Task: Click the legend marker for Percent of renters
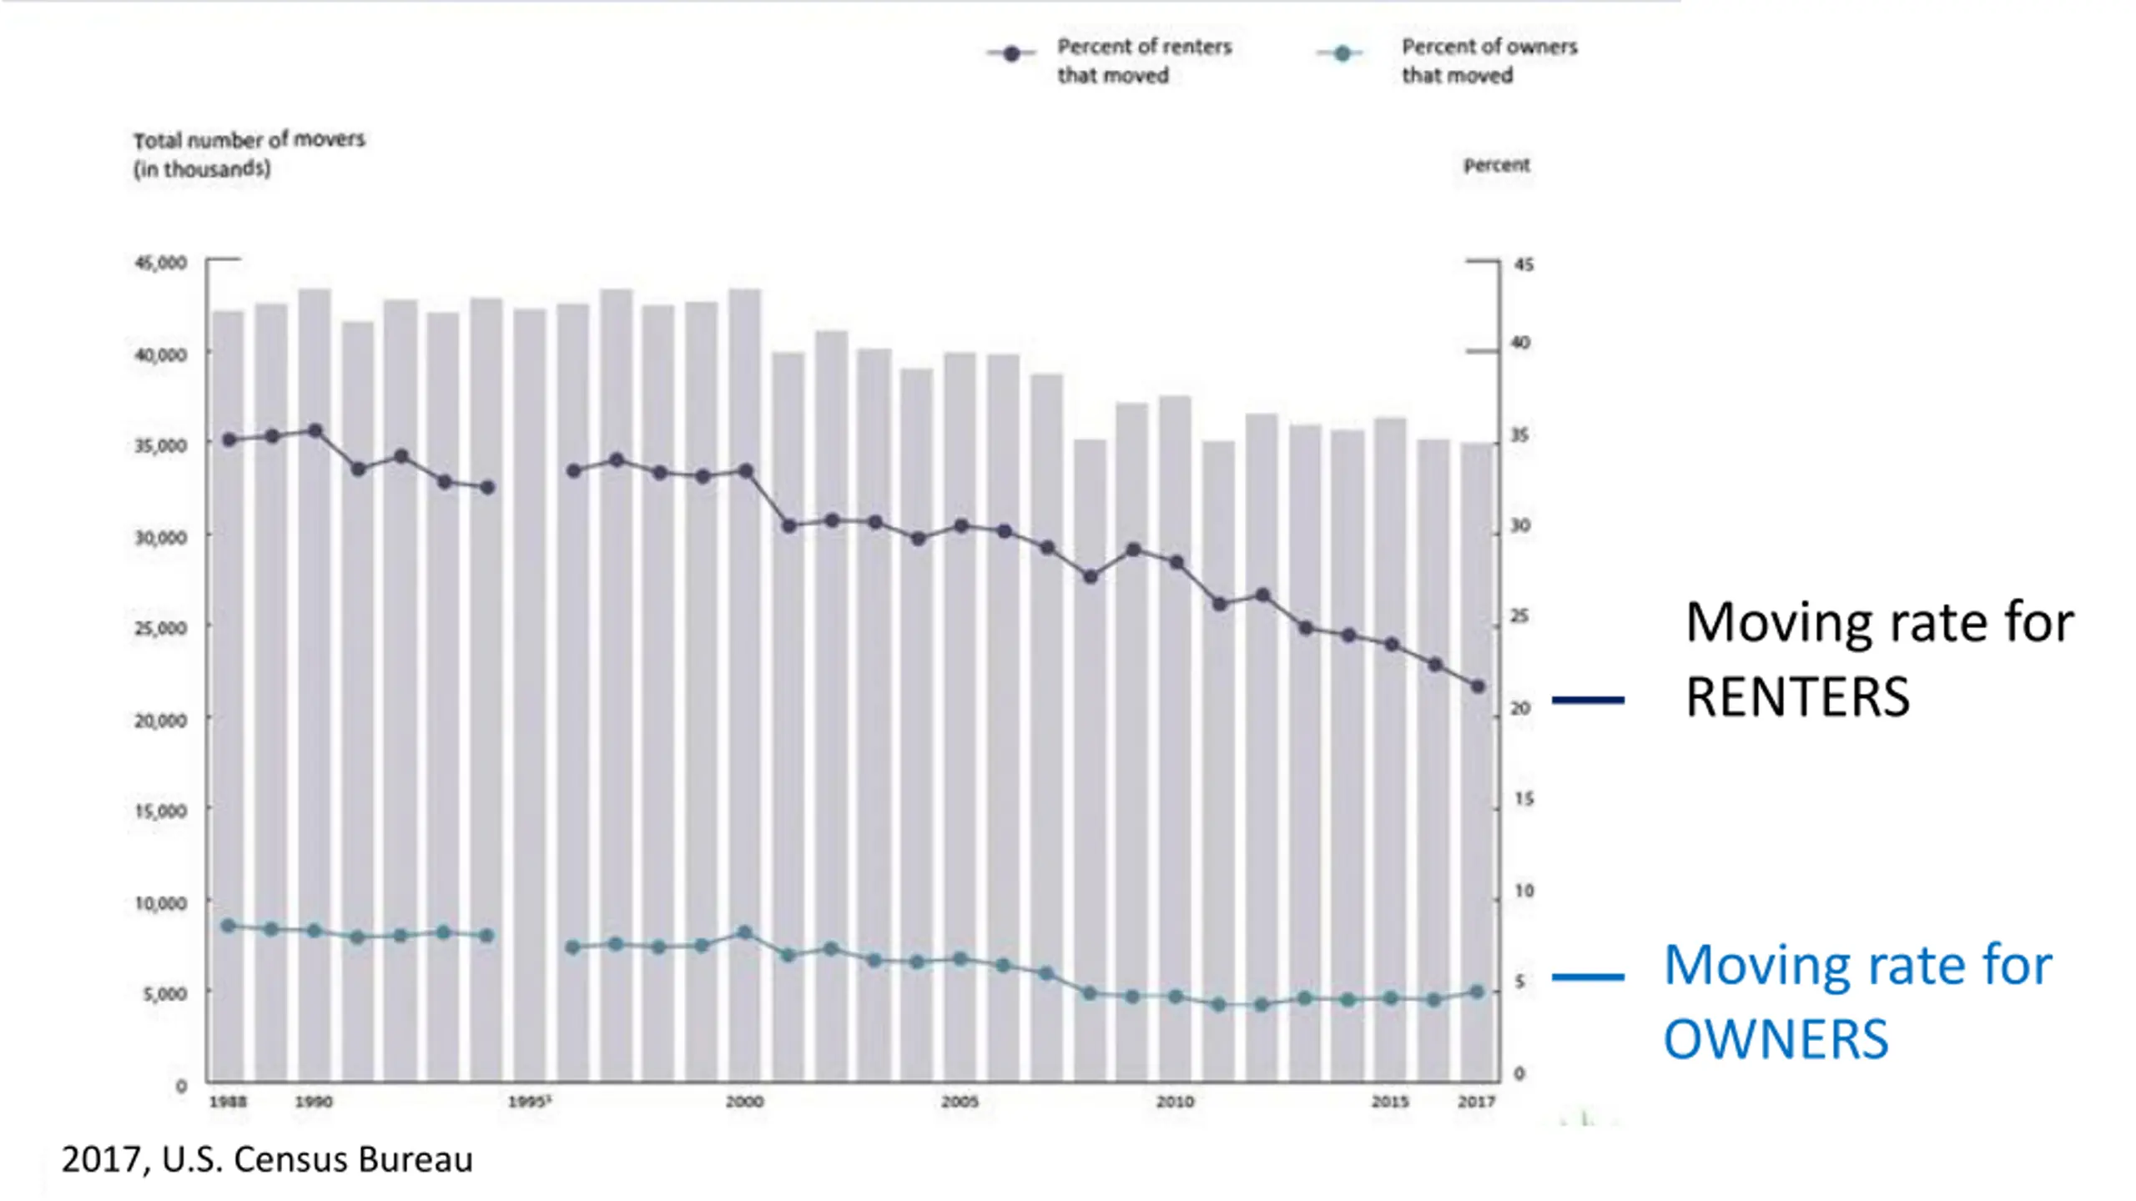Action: (x=1011, y=53)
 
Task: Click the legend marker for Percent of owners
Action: (x=1342, y=53)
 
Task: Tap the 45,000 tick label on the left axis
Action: (x=161, y=263)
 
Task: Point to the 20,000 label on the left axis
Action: (x=161, y=720)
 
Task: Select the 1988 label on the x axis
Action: (x=228, y=1102)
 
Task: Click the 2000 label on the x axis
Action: (x=744, y=1102)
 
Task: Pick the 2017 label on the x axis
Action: (x=1476, y=1102)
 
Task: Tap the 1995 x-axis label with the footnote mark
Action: (x=529, y=1102)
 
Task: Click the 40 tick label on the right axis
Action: (x=1521, y=343)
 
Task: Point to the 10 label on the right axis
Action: (x=1524, y=891)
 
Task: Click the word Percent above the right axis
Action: (x=1497, y=165)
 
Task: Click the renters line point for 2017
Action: (x=1478, y=686)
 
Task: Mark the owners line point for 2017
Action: (x=1477, y=992)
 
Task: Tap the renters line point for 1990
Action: (x=315, y=431)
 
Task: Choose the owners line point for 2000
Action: (x=745, y=932)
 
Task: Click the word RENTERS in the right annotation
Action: (x=1797, y=697)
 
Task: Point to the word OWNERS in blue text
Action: (x=1776, y=1039)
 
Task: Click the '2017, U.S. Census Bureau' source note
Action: (x=267, y=1159)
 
